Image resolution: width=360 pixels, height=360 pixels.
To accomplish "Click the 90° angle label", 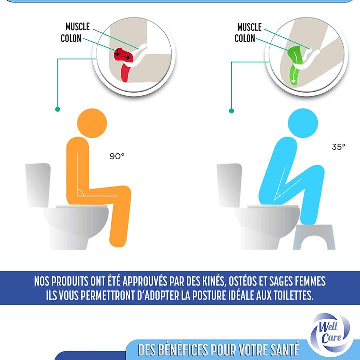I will click(117, 156).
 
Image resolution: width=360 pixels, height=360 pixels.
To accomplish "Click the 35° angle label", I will click(338, 147).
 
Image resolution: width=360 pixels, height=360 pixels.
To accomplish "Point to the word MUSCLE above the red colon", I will click(77, 26).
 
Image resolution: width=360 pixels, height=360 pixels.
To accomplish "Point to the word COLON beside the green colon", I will click(245, 38).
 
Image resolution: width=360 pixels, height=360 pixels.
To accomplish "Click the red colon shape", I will click(124, 62).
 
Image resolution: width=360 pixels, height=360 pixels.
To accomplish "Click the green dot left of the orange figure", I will click(58, 109).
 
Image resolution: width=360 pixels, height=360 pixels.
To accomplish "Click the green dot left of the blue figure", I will click(231, 110).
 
